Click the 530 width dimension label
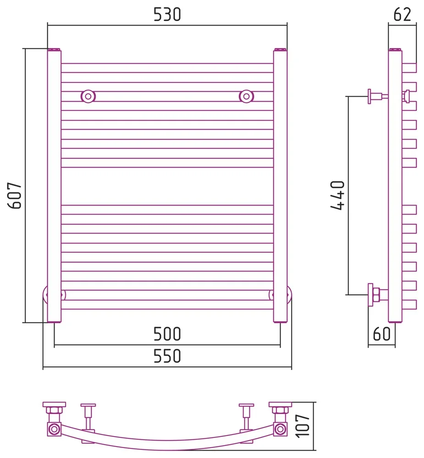(x=167, y=15)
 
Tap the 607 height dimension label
(x=15, y=196)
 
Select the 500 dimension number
(x=167, y=334)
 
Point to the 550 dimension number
(x=167, y=356)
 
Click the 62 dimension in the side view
(x=402, y=15)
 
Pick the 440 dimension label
(x=338, y=195)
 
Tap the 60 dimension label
(x=381, y=334)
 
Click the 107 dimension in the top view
(x=303, y=426)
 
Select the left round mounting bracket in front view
(x=88, y=96)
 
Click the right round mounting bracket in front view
(x=246, y=96)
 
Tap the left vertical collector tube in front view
(x=54, y=185)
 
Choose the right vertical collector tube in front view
(x=281, y=185)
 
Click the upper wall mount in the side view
(x=378, y=96)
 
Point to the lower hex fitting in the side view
(x=375, y=295)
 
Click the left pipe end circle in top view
(x=54, y=429)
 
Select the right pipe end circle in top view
(x=281, y=429)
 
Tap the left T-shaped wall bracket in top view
(x=88, y=417)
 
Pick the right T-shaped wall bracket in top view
(x=246, y=417)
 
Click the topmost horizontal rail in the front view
(x=167, y=68)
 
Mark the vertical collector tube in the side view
(x=395, y=185)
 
